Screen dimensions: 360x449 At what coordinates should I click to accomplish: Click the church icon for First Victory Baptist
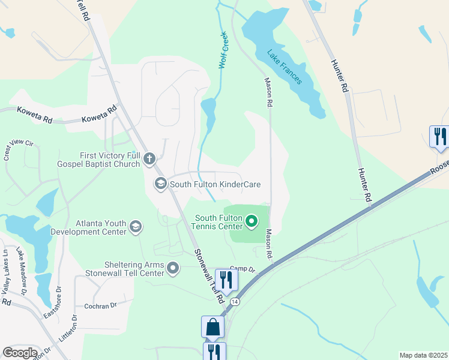(x=149, y=159)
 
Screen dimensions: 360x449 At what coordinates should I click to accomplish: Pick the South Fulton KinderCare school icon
(x=160, y=184)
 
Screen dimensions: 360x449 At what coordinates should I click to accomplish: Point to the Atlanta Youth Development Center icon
(x=136, y=226)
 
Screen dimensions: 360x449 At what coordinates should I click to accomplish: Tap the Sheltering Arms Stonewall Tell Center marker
(x=173, y=268)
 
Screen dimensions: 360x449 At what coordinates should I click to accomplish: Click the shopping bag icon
(x=212, y=327)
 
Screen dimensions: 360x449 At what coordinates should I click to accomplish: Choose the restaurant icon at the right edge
(x=439, y=136)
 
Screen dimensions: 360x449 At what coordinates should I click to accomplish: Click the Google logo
(x=20, y=352)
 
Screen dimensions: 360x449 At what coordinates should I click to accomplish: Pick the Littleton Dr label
(x=67, y=329)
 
